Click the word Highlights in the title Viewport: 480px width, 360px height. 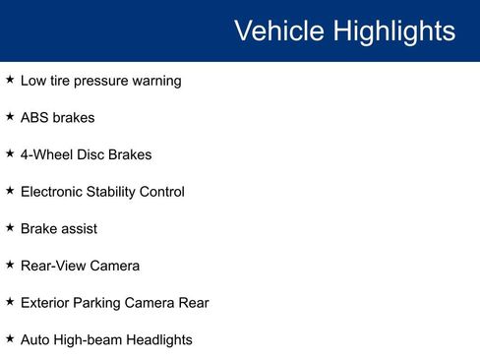[x=393, y=31]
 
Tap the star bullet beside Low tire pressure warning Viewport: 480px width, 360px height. [x=10, y=80]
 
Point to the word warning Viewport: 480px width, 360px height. [x=155, y=81]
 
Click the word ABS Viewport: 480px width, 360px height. [x=35, y=118]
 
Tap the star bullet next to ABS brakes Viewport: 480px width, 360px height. [x=10, y=116]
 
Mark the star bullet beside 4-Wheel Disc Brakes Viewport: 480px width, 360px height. [x=10, y=153]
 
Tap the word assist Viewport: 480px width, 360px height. [x=79, y=228]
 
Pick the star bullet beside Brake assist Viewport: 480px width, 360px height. [x=10, y=227]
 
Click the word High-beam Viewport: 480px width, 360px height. [x=90, y=340]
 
